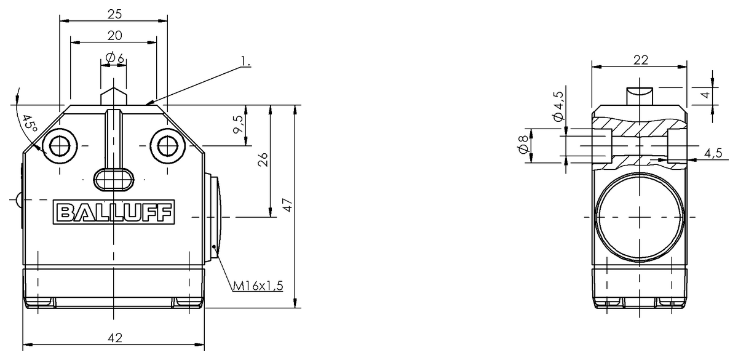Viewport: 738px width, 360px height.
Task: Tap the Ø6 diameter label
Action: tap(114, 57)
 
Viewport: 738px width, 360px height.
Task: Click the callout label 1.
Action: tap(245, 61)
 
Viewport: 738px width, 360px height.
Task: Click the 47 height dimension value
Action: tap(287, 205)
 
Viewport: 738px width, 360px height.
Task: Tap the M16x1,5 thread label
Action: tap(257, 286)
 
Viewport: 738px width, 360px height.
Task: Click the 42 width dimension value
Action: tap(114, 337)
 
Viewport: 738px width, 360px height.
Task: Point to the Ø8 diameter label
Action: tap(523, 146)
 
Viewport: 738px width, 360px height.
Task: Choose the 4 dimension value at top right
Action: tap(706, 95)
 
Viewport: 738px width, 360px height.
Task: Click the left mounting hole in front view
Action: tap(60, 146)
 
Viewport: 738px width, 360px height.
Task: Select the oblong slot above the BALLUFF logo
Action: tap(113, 178)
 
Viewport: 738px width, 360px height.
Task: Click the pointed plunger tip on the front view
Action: tap(114, 95)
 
